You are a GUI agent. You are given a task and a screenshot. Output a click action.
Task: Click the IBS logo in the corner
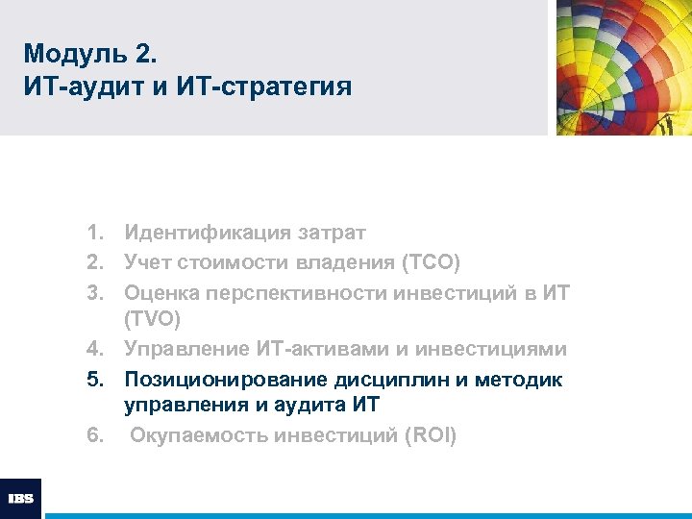pos(20,498)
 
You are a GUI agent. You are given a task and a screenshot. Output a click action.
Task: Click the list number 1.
pos(93,233)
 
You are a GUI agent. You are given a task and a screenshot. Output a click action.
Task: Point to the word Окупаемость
pos(198,436)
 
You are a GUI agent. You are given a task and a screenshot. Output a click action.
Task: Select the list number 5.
pos(93,379)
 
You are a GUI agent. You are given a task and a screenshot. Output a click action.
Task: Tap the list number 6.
pos(93,436)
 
